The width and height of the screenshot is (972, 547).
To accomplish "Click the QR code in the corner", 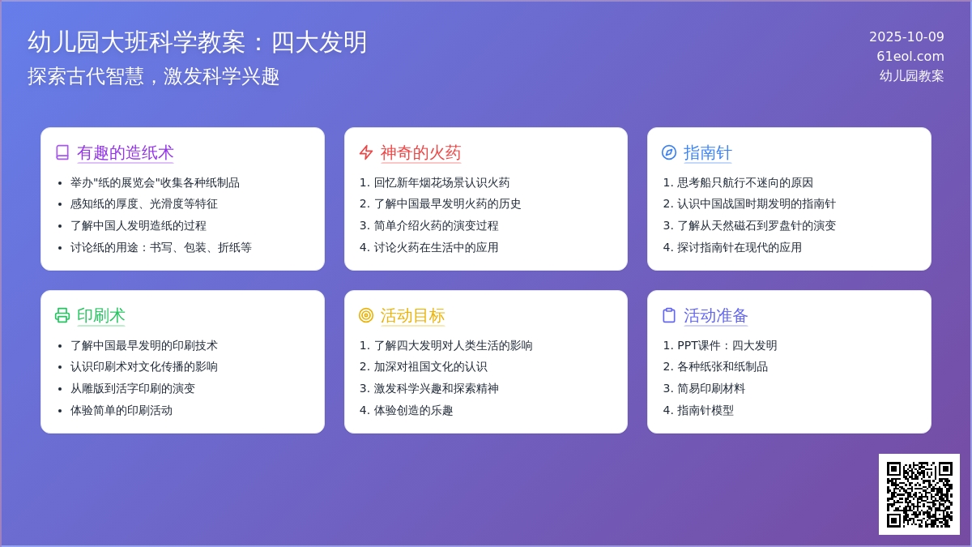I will (x=919, y=494).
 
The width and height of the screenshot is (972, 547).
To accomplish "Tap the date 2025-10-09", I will (x=906, y=36).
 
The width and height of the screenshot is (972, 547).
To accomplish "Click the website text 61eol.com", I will (x=910, y=56).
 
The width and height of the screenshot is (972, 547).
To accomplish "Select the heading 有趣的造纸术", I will (x=125, y=152).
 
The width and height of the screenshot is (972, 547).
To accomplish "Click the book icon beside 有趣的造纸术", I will (x=62, y=152).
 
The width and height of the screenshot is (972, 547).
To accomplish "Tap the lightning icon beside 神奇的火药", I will (x=366, y=152).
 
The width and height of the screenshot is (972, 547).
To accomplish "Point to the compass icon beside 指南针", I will (x=669, y=152).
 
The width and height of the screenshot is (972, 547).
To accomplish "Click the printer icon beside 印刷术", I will (x=62, y=315).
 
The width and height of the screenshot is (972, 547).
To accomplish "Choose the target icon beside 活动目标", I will (x=366, y=315).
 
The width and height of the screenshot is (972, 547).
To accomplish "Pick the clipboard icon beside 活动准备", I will (x=669, y=315).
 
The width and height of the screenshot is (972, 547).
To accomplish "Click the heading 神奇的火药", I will (x=420, y=152).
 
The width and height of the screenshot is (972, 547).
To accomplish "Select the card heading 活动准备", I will (x=716, y=315).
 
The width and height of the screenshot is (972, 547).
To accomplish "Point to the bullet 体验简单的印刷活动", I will (x=121, y=410).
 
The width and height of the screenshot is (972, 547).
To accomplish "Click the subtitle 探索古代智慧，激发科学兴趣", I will (x=154, y=76).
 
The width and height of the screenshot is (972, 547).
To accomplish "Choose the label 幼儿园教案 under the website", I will (x=911, y=75).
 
